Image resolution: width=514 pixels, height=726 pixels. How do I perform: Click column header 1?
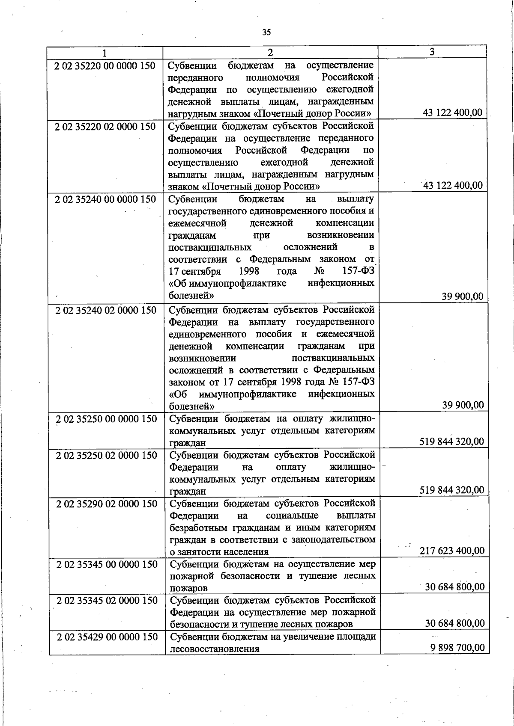point(104,52)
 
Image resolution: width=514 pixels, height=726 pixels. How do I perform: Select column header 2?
point(270,52)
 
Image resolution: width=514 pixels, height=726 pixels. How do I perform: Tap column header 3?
point(432,52)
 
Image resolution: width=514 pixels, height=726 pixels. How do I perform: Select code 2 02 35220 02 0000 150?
point(105,127)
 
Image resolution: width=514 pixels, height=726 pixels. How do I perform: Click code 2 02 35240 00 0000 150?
point(105,199)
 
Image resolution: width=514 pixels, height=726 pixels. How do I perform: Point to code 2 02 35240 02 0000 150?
point(106,310)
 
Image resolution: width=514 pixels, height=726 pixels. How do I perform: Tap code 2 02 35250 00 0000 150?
point(107,419)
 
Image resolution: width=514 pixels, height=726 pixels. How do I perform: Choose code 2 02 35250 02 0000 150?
point(107,455)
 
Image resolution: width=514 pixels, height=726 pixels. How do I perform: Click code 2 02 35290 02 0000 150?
point(107,504)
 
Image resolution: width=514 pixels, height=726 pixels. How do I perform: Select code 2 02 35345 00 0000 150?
point(107,564)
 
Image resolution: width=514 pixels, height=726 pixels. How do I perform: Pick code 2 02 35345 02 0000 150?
point(107,601)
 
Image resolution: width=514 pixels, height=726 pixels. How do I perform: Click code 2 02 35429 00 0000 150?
point(108,637)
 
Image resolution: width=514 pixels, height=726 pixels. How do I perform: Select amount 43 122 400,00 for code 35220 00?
point(452,113)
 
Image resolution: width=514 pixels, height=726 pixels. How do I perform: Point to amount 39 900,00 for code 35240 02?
point(463,405)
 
